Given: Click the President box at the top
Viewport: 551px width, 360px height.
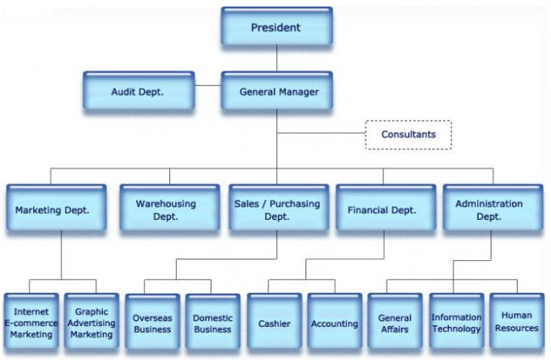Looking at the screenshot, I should pos(275,28).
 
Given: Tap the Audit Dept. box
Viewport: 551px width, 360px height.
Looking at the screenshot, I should pos(138,92).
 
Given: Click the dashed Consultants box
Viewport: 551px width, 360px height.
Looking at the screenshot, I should pos(408,135).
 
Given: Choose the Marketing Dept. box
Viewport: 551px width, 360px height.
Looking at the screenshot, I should pos(53,210).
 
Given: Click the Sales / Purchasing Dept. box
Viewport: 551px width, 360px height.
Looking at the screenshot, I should pos(276,210).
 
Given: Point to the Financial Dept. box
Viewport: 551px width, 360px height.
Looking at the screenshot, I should pos(382,210).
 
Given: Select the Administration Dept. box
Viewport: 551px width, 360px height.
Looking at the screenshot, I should pos(489,210).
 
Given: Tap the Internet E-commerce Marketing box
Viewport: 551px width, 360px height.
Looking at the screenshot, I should pos(32,323).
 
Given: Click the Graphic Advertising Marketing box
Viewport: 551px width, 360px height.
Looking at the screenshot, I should pos(92,323).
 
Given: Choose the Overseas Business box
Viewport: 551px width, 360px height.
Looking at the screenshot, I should pos(153,323).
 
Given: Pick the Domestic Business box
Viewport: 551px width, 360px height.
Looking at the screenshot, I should pos(212,323).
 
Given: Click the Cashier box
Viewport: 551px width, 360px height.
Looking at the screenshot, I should pos(274,323).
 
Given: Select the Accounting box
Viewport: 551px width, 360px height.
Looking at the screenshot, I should pos(334,323).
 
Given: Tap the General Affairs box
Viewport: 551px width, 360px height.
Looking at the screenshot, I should pos(395,323).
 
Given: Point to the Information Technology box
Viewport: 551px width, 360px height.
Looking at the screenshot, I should pos(455,323).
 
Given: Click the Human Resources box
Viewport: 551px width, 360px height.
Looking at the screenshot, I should pos(516,323).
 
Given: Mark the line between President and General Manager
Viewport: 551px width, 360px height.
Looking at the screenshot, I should pos(276,58).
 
